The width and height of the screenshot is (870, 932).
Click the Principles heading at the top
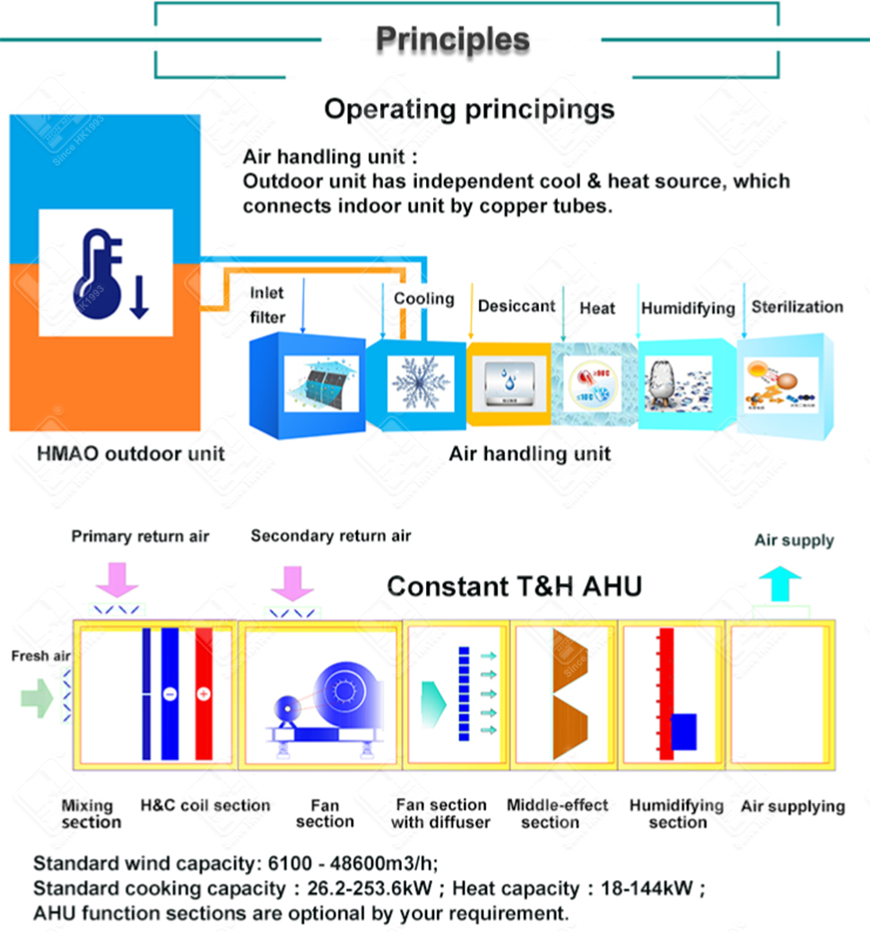(x=452, y=39)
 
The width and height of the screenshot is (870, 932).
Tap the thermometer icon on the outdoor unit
(x=105, y=273)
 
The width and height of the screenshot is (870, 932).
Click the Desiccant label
(x=516, y=306)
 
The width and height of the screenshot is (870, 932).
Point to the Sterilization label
(x=796, y=307)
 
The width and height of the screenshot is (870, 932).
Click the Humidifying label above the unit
(x=687, y=308)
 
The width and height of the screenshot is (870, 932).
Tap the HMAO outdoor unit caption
(x=131, y=453)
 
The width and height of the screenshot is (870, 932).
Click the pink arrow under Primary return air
(x=117, y=579)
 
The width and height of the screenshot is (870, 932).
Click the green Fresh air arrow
(x=36, y=698)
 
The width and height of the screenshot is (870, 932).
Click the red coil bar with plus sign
(x=204, y=693)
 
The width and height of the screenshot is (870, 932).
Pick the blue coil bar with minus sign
(x=168, y=693)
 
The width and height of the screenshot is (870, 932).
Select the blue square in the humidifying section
(x=684, y=731)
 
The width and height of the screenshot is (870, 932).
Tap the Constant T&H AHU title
(x=514, y=587)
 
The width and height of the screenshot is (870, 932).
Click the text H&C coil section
(x=205, y=806)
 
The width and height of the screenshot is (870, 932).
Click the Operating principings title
(x=469, y=109)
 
